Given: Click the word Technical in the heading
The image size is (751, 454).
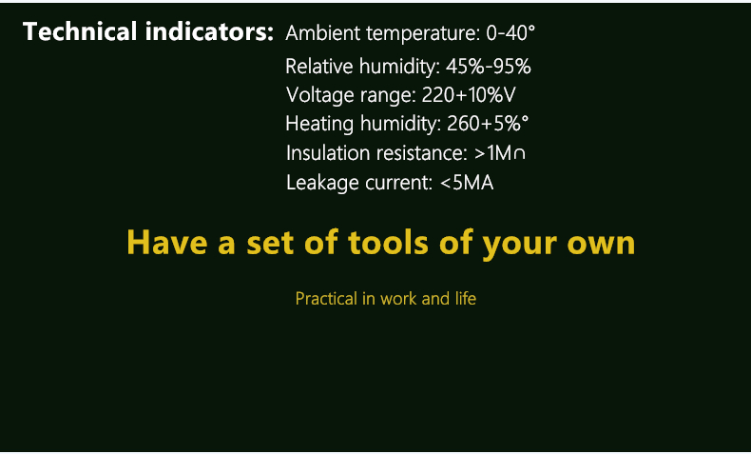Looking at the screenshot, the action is [80, 31].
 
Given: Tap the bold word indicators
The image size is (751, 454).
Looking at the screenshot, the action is [209, 31].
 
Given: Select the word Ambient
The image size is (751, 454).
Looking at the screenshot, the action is [323, 33].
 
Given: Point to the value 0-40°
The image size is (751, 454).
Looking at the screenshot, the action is [510, 33].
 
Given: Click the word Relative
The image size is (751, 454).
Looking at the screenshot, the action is [319, 67].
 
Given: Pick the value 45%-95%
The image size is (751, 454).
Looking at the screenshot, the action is [488, 67].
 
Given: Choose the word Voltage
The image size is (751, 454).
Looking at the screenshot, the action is [319, 95].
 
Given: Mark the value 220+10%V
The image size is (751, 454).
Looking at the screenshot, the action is [469, 95].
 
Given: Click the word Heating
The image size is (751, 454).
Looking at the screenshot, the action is [319, 124].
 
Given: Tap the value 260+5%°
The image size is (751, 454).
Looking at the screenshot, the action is [488, 124].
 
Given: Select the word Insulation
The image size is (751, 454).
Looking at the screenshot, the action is [328, 153].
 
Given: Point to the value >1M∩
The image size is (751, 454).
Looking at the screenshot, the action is [499, 153].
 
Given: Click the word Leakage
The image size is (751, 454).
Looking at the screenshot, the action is [323, 183].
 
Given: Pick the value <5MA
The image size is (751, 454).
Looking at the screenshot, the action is [467, 183].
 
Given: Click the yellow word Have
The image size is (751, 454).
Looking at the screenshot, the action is [166, 242].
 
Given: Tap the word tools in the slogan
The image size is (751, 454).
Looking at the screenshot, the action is [389, 242].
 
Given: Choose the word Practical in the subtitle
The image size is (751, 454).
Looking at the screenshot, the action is [326, 299].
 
